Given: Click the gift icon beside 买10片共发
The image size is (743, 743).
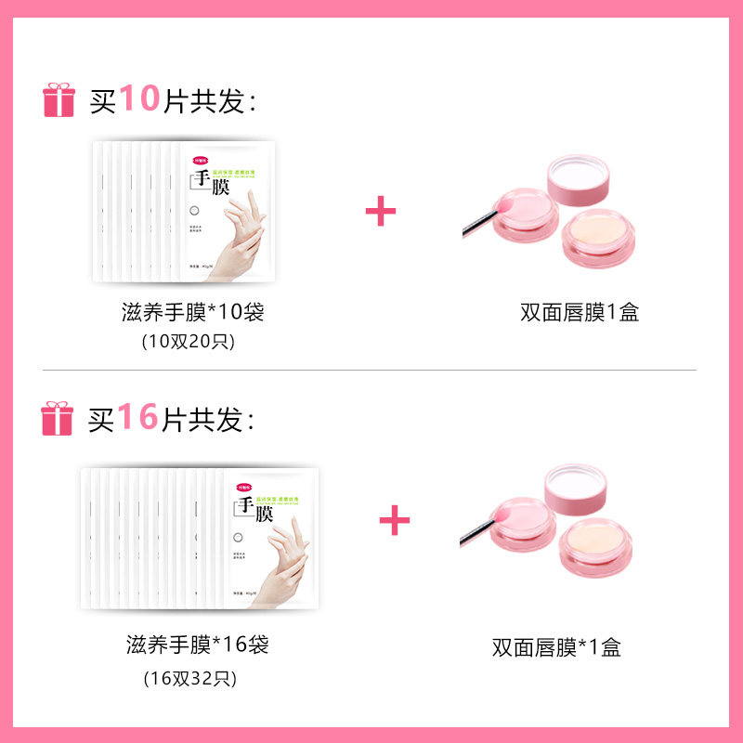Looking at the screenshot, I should [x=59, y=100].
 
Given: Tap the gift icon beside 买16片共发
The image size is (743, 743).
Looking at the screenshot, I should [x=58, y=419].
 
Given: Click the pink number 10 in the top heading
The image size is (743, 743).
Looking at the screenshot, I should [x=140, y=98].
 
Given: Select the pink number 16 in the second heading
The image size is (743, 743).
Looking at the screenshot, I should [x=138, y=417].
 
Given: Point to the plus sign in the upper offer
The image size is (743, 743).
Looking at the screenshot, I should [x=381, y=211].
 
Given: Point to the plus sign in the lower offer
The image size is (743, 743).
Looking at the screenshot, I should [x=395, y=520].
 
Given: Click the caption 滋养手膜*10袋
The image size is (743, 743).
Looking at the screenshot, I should [x=193, y=312].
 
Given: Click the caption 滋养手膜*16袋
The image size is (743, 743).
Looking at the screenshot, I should [x=198, y=644].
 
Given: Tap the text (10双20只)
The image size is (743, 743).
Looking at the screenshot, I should [x=189, y=341].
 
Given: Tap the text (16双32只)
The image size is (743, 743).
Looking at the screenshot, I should [x=190, y=678].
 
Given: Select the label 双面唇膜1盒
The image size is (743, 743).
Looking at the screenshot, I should [x=580, y=312].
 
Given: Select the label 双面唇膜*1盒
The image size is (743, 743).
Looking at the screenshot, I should [x=556, y=647].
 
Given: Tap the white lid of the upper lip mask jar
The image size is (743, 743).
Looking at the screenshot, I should [x=578, y=174].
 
